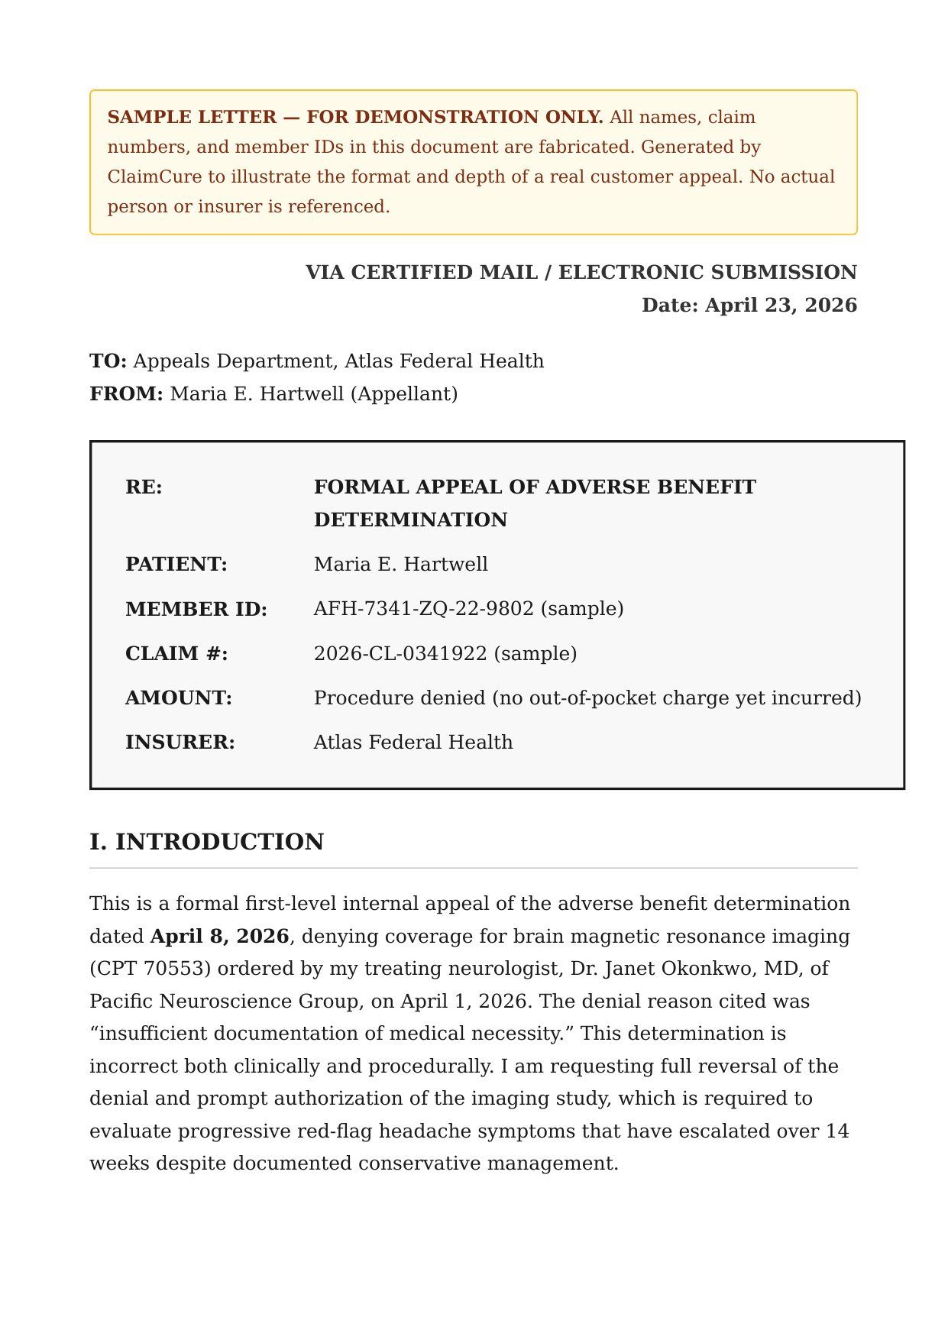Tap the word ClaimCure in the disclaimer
pos(154,177)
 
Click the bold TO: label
pos(108,361)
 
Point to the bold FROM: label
pos(126,394)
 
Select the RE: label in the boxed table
pos(144,487)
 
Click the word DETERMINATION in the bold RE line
pos(410,520)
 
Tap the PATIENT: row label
pos(176,565)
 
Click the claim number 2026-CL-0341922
pos(400,654)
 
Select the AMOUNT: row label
pos(178,698)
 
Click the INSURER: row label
pos(180,743)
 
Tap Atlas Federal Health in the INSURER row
pos(413,743)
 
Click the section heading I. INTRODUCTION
pos(206,843)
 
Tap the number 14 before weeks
pos(837,1131)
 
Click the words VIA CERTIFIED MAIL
pos(421,273)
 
